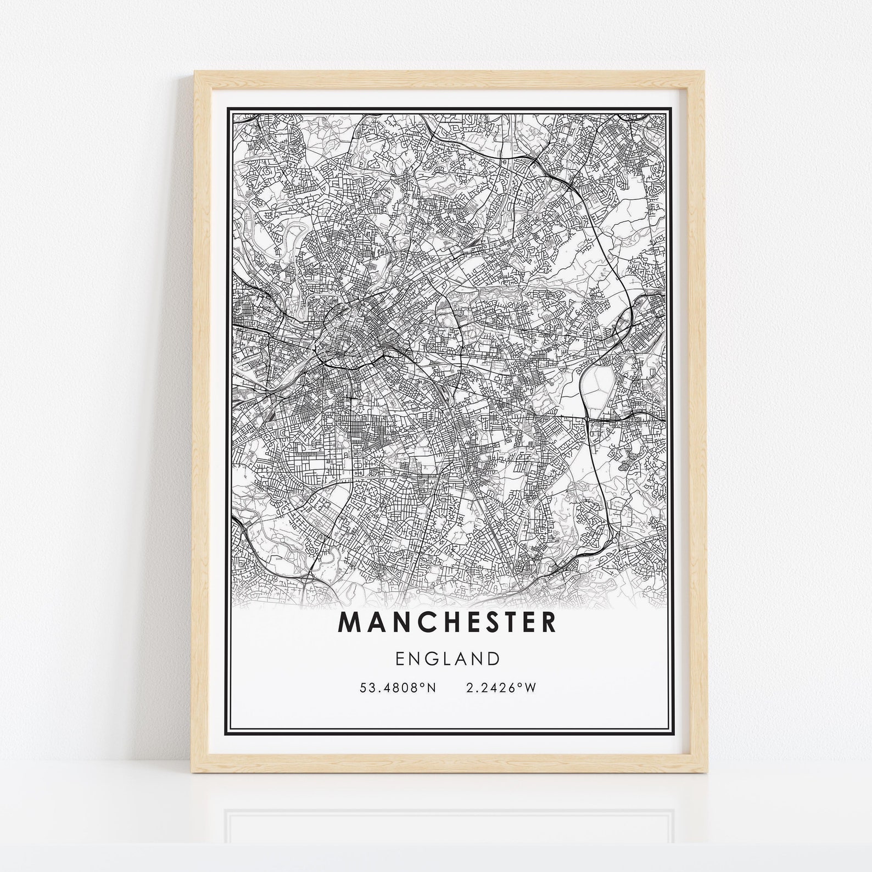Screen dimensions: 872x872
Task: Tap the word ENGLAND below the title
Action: point(447,658)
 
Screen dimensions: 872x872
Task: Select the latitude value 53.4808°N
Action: point(398,688)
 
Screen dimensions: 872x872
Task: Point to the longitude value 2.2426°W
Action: point(500,688)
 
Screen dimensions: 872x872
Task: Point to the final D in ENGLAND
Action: point(493,658)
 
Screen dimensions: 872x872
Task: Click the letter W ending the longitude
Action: point(530,688)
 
